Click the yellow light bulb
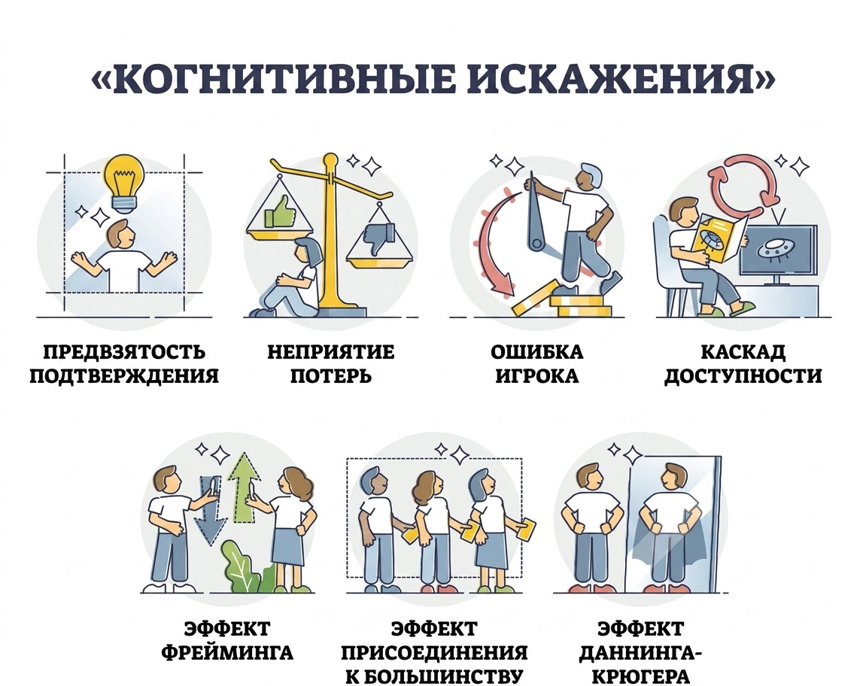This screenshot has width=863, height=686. pyautogui.click(x=124, y=183)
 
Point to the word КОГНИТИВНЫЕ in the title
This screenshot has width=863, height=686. pyautogui.click(x=280, y=80)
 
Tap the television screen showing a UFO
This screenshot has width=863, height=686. pyautogui.click(x=778, y=249)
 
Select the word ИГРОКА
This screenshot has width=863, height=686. pyautogui.click(x=536, y=376)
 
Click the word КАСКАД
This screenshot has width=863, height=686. pyautogui.click(x=743, y=352)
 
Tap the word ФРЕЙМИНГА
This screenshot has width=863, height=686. pyautogui.click(x=227, y=652)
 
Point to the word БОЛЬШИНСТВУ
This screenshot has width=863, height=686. pyautogui.click(x=434, y=676)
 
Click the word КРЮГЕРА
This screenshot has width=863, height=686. pyautogui.click(x=640, y=676)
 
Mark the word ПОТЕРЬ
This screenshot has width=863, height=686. pyautogui.click(x=331, y=376)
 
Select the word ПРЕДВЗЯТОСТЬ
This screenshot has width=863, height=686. pyautogui.click(x=124, y=352)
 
